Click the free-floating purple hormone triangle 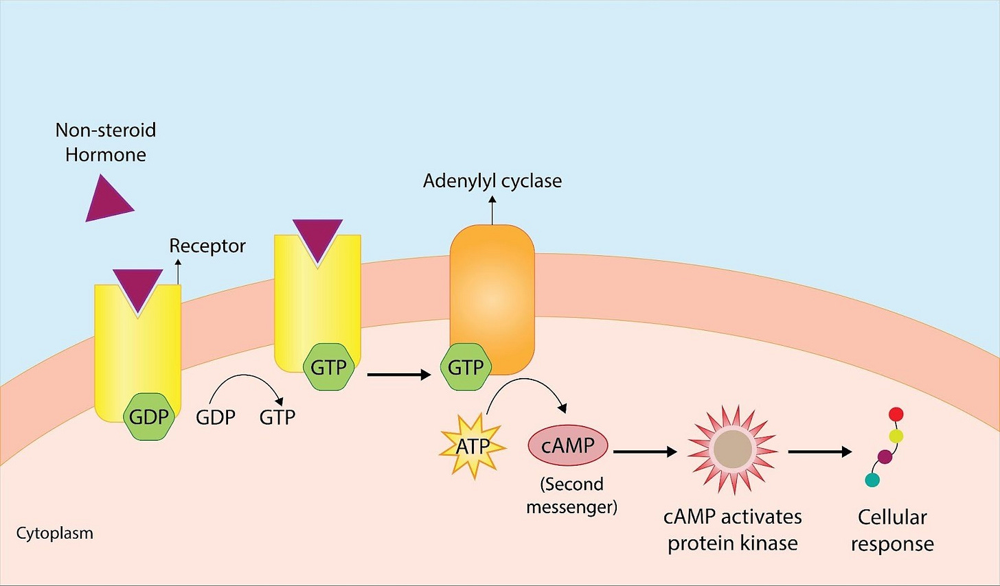pos(106,200)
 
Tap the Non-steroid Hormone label pos(106,142)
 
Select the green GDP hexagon pos(148,417)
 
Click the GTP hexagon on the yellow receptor pos(328,367)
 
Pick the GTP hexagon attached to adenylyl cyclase pos(466,367)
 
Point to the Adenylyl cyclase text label pos(492,181)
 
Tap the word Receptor pos(207,246)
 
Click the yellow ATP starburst pos(473,447)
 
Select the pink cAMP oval pos(567,445)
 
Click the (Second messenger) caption pos(571,495)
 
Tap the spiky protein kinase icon pos(732,450)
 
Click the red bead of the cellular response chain pos(896,414)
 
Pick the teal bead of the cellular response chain pos(872,480)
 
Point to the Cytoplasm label pos(54,533)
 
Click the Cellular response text pos(892,530)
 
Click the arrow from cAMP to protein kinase pos(644,452)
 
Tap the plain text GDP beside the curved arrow pos(216,417)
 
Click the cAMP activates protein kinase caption pos(732,530)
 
